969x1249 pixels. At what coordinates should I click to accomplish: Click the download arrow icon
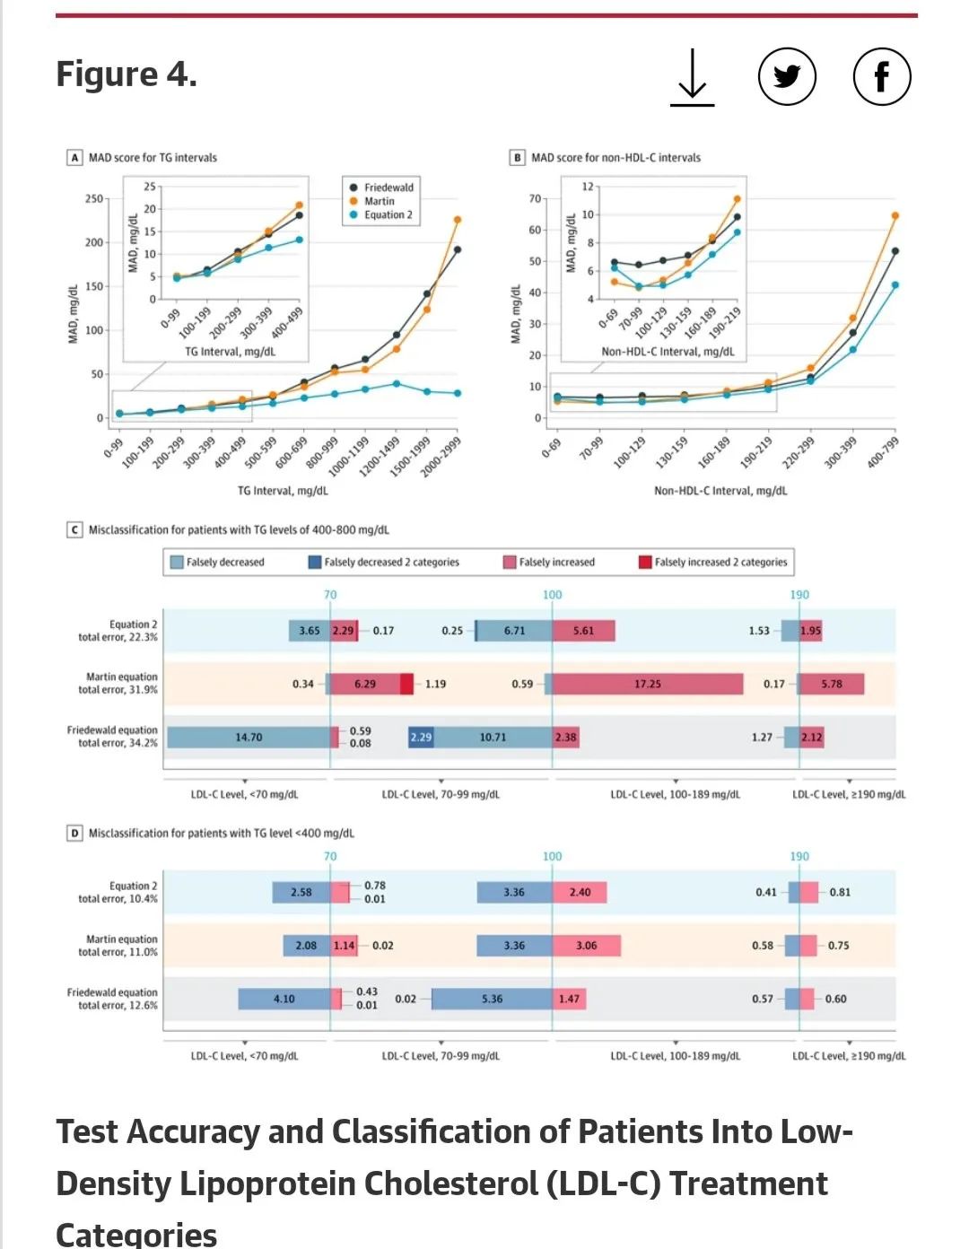[692, 78]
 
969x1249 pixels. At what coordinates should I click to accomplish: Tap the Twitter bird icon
[787, 77]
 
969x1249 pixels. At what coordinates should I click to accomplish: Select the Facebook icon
[881, 77]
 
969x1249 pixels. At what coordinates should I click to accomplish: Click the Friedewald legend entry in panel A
[382, 188]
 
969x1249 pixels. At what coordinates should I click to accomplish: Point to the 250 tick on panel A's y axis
[94, 198]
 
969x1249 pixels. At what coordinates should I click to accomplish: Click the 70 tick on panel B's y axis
[535, 198]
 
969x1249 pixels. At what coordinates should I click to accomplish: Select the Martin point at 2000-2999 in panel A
[458, 220]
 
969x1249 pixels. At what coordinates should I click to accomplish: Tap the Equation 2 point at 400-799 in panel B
[895, 285]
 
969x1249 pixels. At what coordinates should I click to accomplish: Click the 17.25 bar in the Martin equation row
[647, 684]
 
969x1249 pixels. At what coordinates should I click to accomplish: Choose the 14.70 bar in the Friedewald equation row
[249, 737]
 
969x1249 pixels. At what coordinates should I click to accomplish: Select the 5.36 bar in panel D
[492, 999]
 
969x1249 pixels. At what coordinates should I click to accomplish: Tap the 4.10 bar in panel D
[284, 999]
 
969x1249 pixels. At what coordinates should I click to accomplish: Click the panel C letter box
[75, 530]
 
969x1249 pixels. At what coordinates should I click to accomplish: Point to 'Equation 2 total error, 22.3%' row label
[118, 631]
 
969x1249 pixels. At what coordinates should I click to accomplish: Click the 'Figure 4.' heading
[127, 74]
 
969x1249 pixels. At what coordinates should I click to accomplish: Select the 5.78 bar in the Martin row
[832, 684]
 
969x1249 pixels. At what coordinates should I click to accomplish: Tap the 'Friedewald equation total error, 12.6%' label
[112, 999]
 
